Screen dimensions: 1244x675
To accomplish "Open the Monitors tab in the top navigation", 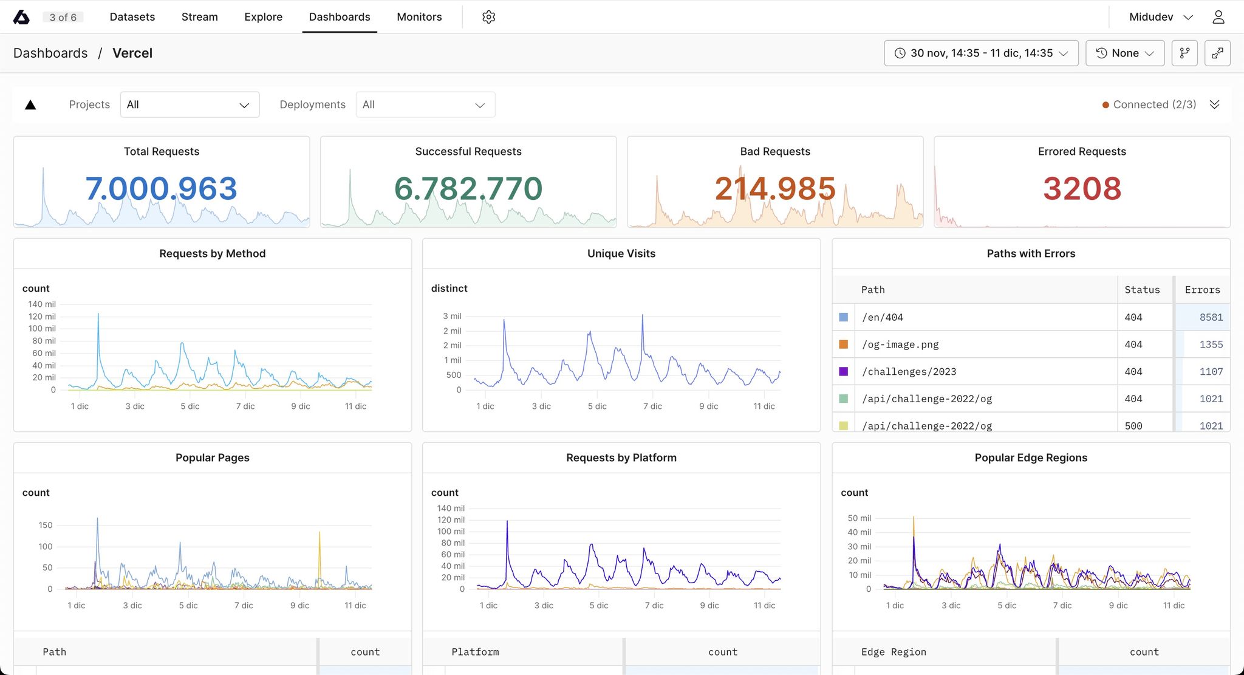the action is coord(419,17).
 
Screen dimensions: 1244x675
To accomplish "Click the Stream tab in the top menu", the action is coord(199,17).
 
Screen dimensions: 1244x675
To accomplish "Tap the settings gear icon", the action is coord(489,17).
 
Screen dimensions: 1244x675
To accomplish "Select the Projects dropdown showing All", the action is coord(190,105).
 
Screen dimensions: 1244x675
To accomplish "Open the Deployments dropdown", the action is coord(425,105).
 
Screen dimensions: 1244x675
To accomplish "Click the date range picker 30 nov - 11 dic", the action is coord(981,53).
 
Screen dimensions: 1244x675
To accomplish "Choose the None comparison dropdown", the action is coord(1125,53).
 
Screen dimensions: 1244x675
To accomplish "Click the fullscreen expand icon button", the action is coord(1217,53).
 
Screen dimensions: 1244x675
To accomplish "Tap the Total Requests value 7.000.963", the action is coord(161,188).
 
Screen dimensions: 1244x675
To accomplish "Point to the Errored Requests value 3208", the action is coord(1082,188).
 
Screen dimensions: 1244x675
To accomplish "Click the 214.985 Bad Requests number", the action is coord(775,188).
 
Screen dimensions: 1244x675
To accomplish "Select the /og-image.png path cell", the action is coord(900,344).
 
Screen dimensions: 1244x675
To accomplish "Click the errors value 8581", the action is coord(1211,317).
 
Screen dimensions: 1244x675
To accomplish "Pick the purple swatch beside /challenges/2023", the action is coord(844,371).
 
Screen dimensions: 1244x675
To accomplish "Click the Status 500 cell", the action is coord(1133,426).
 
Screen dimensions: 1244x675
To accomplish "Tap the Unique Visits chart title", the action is coord(621,253).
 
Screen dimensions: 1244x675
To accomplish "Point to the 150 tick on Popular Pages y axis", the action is coord(46,525).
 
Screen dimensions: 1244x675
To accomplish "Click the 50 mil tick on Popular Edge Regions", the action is coord(860,518).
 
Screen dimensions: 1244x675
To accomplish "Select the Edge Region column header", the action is coord(894,652).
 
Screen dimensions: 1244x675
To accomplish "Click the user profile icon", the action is coord(1218,17).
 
